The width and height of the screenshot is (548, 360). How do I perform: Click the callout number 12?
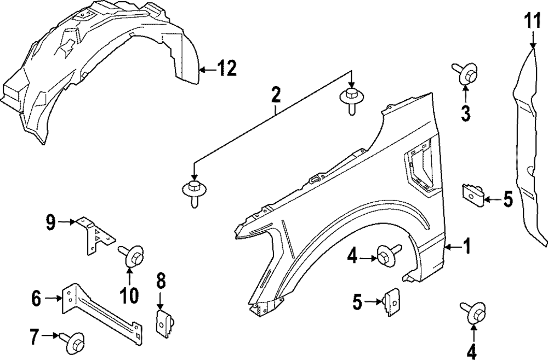tap(226, 69)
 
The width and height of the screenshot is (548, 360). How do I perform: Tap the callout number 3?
tap(465, 114)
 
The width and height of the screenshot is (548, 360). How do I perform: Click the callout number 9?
tap(50, 222)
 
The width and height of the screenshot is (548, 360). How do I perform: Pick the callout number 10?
tap(130, 296)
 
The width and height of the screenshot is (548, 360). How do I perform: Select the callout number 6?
tap(37, 299)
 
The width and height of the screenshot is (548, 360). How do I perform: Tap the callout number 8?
tap(160, 282)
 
